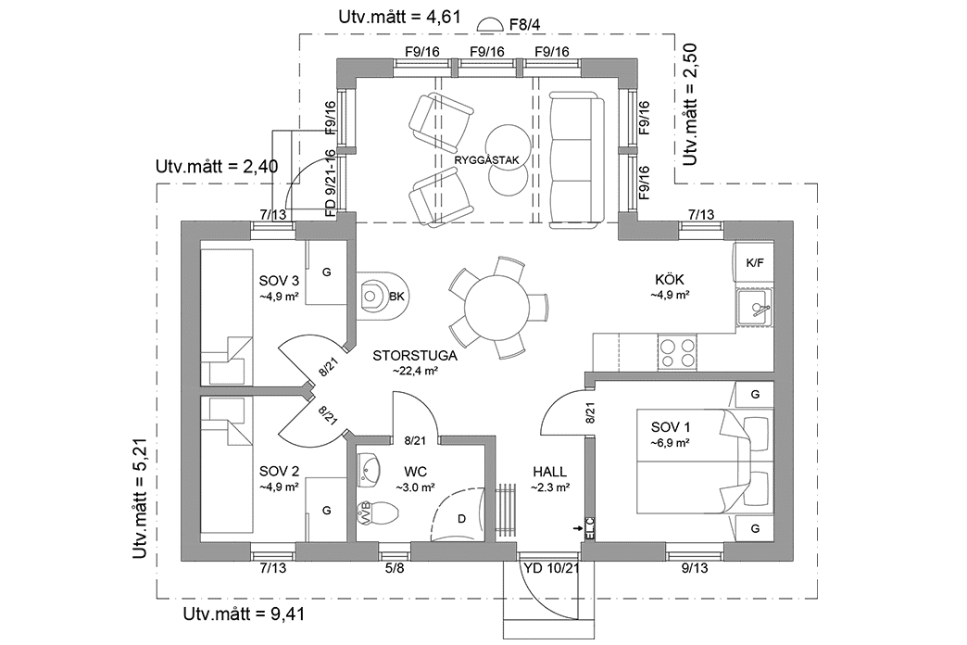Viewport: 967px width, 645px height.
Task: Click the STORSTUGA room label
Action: pyautogui.click(x=405, y=355)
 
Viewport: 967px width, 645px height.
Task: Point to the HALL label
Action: pyautogui.click(x=549, y=472)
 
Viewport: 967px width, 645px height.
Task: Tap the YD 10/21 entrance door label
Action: pyautogui.click(x=550, y=568)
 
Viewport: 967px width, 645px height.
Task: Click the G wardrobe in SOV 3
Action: pyautogui.click(x=325, y=272)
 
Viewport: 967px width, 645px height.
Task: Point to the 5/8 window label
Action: pyautogui.click(x=396, y=568)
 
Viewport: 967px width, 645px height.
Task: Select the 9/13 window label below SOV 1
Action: pyautogui.click(x=694, y=568)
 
